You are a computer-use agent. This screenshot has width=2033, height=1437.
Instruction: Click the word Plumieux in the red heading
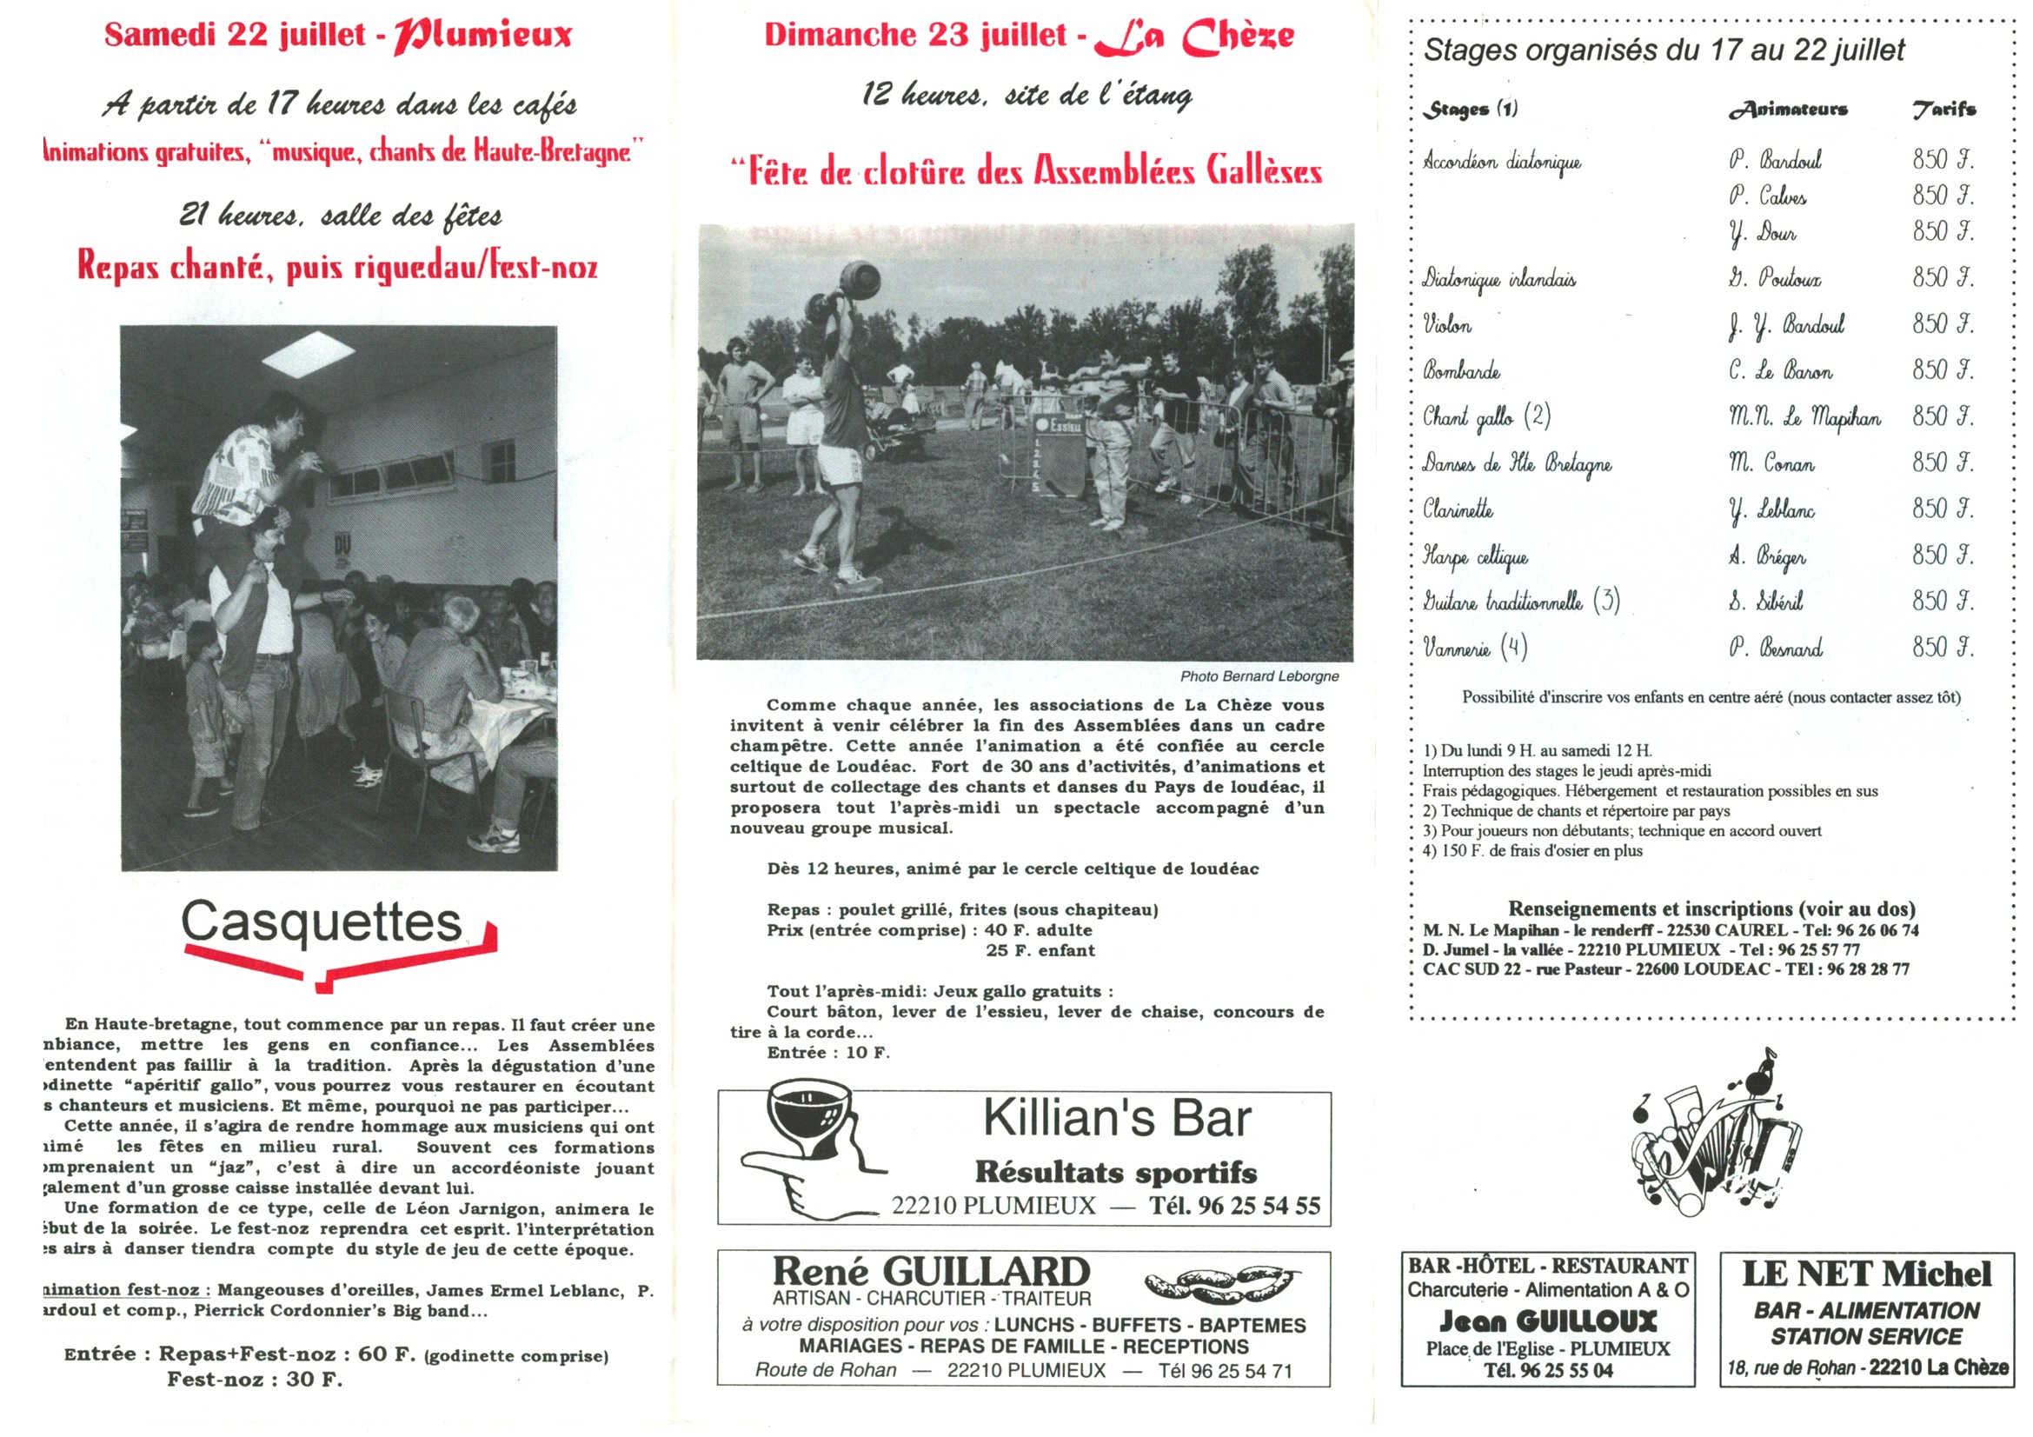click(483, 36)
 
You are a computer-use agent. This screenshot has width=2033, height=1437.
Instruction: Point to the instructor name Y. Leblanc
click(1771, 510)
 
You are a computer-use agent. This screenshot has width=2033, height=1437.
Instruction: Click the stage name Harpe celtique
click(1475, 556)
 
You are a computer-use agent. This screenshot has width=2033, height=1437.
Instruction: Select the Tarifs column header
click(1943, 109)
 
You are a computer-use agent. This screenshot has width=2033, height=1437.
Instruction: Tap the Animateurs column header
click(1788, 109)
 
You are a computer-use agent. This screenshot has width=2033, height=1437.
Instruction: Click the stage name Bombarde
click(1462, 371)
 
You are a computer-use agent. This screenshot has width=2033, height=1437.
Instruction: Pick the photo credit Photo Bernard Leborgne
click(1259, 676)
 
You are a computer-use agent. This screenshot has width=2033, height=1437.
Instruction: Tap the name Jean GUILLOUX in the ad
click(1547, 1322)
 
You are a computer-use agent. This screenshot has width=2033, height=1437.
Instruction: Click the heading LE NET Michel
click(1866, 1274)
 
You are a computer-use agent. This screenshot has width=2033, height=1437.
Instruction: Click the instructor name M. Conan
click(1771, 464)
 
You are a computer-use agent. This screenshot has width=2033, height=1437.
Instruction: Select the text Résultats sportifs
click(1116, 1172)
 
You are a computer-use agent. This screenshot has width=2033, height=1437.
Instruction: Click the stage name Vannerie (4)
click(1475, 649)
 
